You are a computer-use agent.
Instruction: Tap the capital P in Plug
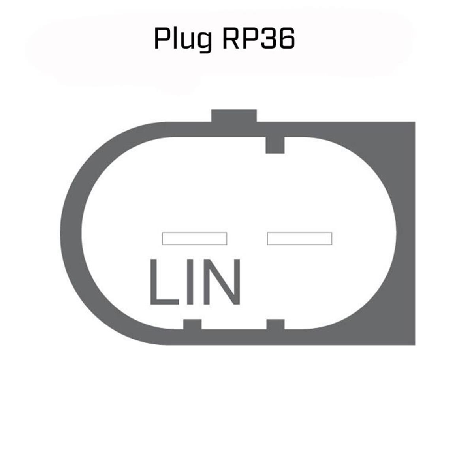[x=161, y=38]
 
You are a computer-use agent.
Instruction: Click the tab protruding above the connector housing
[x=234, y=116]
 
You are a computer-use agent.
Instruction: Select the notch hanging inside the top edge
[x=275, y=145]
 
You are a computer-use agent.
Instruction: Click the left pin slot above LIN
[x=195, y=239]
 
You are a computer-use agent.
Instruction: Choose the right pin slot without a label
[x=299, y=239]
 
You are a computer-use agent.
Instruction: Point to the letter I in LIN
[x=190, y=281]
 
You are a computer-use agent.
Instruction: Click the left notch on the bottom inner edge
[x=192, y=324]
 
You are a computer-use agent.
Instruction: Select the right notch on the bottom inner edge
[x=275, y=324]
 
